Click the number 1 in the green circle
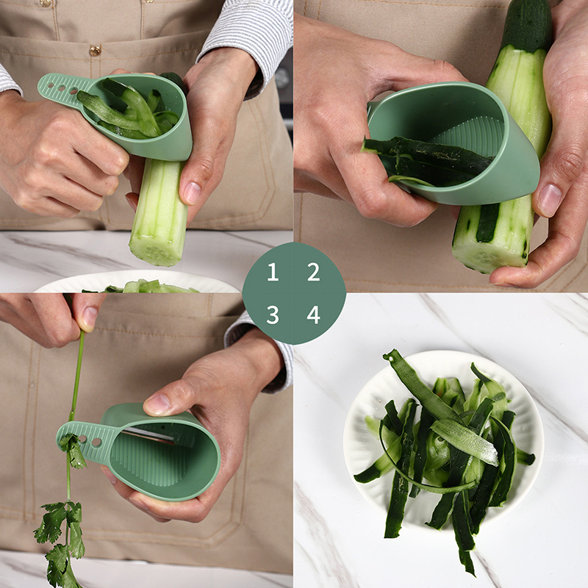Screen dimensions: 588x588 (273, 272)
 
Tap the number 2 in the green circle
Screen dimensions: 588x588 (314, 272)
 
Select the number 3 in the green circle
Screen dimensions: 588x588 (273, 315)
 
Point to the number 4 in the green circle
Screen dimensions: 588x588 (314, 315)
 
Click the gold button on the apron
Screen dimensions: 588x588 (95, 50)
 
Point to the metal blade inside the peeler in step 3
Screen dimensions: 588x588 (149, 435)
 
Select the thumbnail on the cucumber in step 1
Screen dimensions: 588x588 (192, 193)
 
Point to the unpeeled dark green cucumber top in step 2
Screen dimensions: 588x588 (527, 24)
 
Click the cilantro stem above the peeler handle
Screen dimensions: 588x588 (77, 375)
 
